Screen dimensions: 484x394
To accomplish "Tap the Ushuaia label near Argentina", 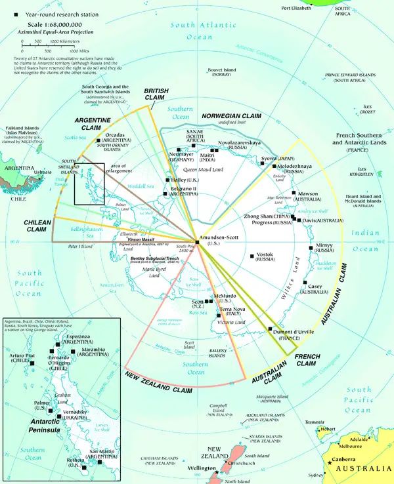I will [42, 172].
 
